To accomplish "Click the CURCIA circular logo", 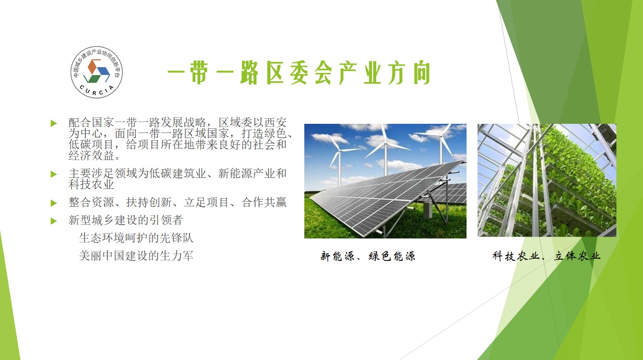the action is [x=96, y=72].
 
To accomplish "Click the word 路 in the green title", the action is [x=249, y=73].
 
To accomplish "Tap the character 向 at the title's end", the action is [x=422, y=73].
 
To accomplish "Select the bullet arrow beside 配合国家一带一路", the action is [x=54, y=123].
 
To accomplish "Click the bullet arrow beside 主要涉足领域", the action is [x=54, y=174].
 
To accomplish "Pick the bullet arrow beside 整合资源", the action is [x=54, y=203].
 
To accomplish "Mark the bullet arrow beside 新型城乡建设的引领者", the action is [x=54, y=221].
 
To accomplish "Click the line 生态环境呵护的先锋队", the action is [x=136, y=238].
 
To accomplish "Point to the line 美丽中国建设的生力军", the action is [x=136, y=256].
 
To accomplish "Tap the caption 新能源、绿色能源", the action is [x=368, y=256].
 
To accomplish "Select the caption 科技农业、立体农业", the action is [x=546, y=256].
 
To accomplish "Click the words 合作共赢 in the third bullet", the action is [x=264, y=202].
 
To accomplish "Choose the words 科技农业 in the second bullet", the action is [x=91, y=184].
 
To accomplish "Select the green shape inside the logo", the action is [x=91, y=78].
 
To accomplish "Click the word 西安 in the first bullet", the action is [x=275, y=123].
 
